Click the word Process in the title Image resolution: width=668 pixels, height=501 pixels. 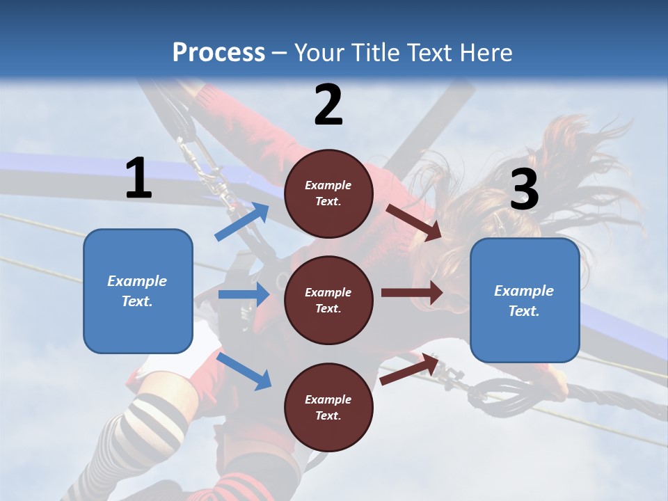218,52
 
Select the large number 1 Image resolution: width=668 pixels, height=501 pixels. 138,178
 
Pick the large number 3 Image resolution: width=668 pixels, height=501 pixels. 524,190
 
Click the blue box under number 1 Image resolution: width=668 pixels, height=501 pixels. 138,291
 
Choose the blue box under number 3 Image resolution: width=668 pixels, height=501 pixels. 525,301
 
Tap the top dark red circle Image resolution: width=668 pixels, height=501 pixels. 328,193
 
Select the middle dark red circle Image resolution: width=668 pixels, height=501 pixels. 328,301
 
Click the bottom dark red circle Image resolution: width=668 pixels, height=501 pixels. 328,408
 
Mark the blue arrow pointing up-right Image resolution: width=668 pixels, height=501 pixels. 242,221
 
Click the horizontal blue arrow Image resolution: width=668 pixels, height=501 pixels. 244,294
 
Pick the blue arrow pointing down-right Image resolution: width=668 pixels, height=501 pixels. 244,370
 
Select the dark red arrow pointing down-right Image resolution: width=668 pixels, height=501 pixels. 415,222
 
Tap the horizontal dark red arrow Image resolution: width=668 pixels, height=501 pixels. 412,293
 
